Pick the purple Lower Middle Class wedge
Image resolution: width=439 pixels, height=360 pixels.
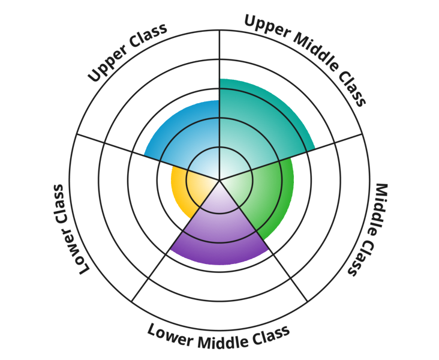(220, 234)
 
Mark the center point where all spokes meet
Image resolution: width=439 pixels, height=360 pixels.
(220, 179)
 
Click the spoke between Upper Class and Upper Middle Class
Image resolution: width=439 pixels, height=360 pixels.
(220, 60)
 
